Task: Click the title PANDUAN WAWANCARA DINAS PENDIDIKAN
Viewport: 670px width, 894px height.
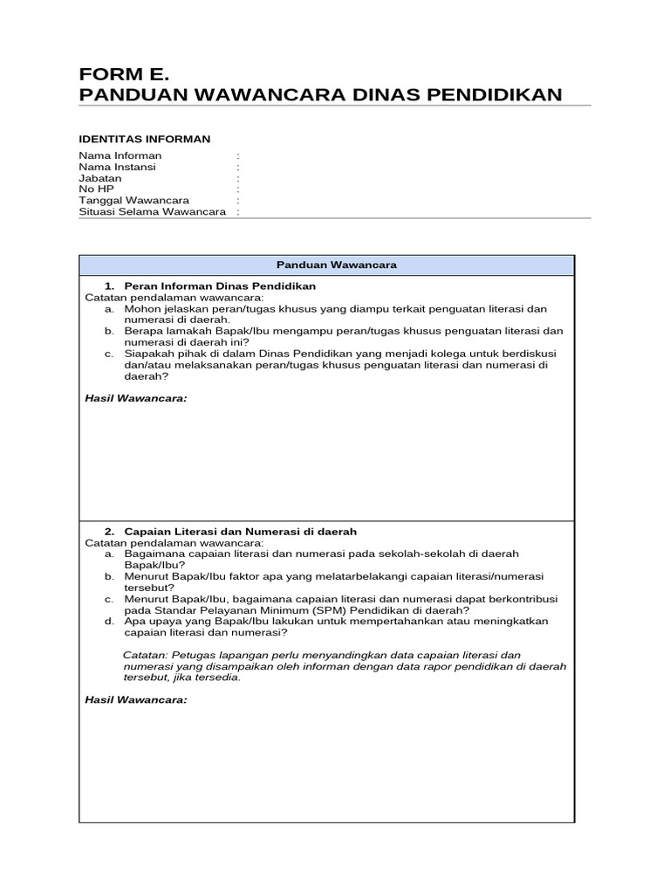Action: click(320, 94)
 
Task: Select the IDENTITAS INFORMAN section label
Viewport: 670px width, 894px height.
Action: click(144, 139)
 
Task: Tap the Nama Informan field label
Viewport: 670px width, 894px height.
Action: click(120, 156)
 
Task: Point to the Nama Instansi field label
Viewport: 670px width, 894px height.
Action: click(118, 167)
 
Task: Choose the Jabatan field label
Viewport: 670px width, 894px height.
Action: click(100, 178)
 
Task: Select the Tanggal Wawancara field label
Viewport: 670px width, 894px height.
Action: click(133, 200)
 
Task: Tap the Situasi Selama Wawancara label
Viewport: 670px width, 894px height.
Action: click(152, 211)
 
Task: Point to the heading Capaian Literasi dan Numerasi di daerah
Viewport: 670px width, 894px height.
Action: click(240, 531)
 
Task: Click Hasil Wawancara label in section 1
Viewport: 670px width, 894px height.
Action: click(135, 398)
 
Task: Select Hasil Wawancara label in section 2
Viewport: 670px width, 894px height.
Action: click(135, 700)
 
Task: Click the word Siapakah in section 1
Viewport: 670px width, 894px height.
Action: click(148, 354)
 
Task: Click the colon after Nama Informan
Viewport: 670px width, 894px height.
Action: click(237, 156)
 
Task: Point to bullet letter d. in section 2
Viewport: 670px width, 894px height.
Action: click(108, 621)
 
